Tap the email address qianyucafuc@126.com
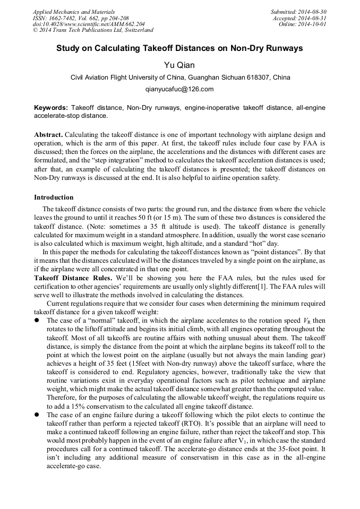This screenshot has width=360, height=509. (179, 89)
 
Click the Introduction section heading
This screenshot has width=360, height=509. (54, 197)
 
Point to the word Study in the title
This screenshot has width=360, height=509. (70, 48)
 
